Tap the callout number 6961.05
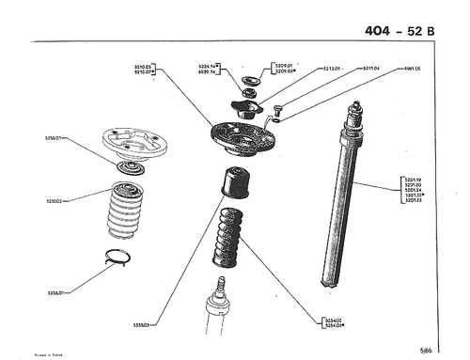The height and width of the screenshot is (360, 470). pos(412,69)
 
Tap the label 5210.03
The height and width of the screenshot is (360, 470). pos(143,67)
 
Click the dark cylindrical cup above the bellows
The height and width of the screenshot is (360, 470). pos(239,182)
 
